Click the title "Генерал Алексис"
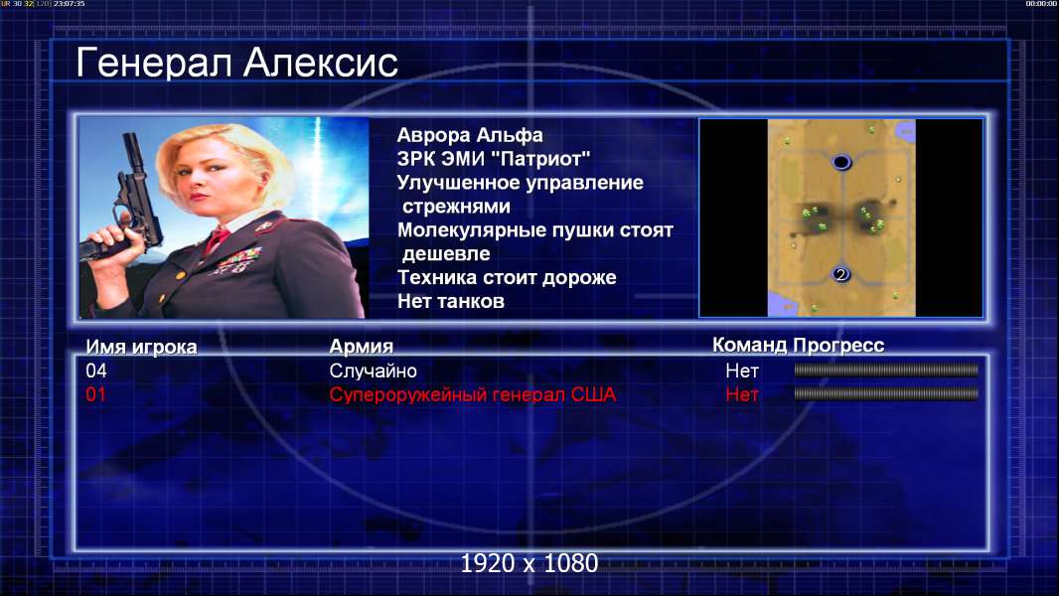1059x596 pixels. (x=237, y=63)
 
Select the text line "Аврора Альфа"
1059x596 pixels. (x=469, y=135)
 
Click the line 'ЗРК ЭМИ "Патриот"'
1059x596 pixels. (x=494, y=159)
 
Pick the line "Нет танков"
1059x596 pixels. (x=451, y=301)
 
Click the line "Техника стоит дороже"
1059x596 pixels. (x=507, y=277)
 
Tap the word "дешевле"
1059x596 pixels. (x=446, y=253)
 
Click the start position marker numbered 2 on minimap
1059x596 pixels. (x=840, y=274)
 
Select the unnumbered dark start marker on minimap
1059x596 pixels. (x=840, y=162)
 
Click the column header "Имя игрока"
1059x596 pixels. (x=141, y=347)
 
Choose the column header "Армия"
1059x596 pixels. (x=362, y=347)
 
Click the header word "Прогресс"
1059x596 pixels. (x=838, y=345)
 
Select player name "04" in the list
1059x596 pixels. (x=96, y=371)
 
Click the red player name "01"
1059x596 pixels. (x=96, y=394)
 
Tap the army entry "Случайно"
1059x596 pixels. (x=373, y=371)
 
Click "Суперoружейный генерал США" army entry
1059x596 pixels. (x=473, y=394)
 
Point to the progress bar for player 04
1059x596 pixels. (x=886, y=370)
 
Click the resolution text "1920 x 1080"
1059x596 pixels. (x=529, y=563)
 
